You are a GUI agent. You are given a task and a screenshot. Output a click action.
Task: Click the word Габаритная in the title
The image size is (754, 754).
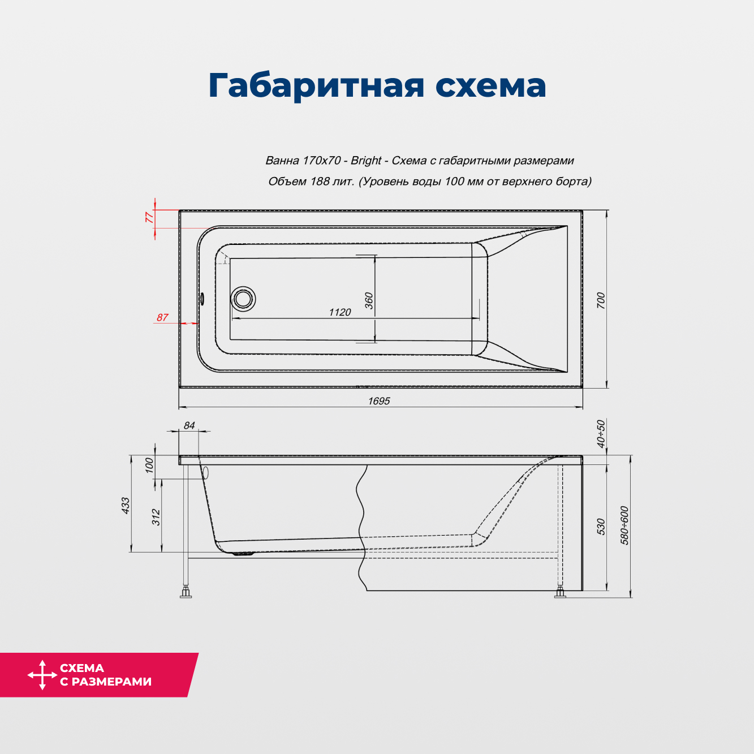pos(316,86)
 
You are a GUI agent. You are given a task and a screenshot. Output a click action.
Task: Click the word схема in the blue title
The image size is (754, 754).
pos(490,86)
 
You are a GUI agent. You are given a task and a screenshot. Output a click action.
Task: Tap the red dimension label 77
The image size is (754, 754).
pos(149,217)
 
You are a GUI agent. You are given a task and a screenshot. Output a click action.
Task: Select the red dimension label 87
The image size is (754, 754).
pos(162,318)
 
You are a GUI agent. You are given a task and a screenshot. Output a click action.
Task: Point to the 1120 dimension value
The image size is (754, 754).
pos(340,312)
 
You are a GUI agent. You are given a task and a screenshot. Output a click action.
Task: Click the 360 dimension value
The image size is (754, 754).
pos(369,300)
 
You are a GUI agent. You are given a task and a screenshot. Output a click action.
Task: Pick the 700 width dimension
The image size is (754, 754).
pos(601,300)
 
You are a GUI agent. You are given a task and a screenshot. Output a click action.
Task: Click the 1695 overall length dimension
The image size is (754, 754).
pos(379,401)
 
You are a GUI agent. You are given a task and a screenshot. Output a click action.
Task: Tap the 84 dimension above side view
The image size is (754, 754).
pos(189,425)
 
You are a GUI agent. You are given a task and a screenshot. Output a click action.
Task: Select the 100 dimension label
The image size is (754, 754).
pos(149,466)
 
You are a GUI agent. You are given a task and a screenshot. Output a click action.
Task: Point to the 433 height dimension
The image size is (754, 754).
pos(126,505)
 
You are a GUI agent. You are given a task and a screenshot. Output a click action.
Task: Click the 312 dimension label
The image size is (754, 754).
pos(156,517)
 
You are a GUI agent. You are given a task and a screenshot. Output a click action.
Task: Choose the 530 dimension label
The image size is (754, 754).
pos(601,527)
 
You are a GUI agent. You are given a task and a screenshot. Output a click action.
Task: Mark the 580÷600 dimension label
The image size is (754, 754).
pos(624,525)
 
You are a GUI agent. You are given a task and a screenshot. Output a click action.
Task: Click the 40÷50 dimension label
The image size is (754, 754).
pos(601,434)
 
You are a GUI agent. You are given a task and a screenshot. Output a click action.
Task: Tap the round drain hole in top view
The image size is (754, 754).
pos(243,298)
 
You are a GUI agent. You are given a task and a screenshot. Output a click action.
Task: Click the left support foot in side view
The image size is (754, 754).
pos(186,593)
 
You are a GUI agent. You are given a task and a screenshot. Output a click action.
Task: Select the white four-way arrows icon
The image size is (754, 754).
pos(42,675)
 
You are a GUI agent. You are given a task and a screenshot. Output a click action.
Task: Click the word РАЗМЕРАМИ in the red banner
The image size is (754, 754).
pos(111,682)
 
